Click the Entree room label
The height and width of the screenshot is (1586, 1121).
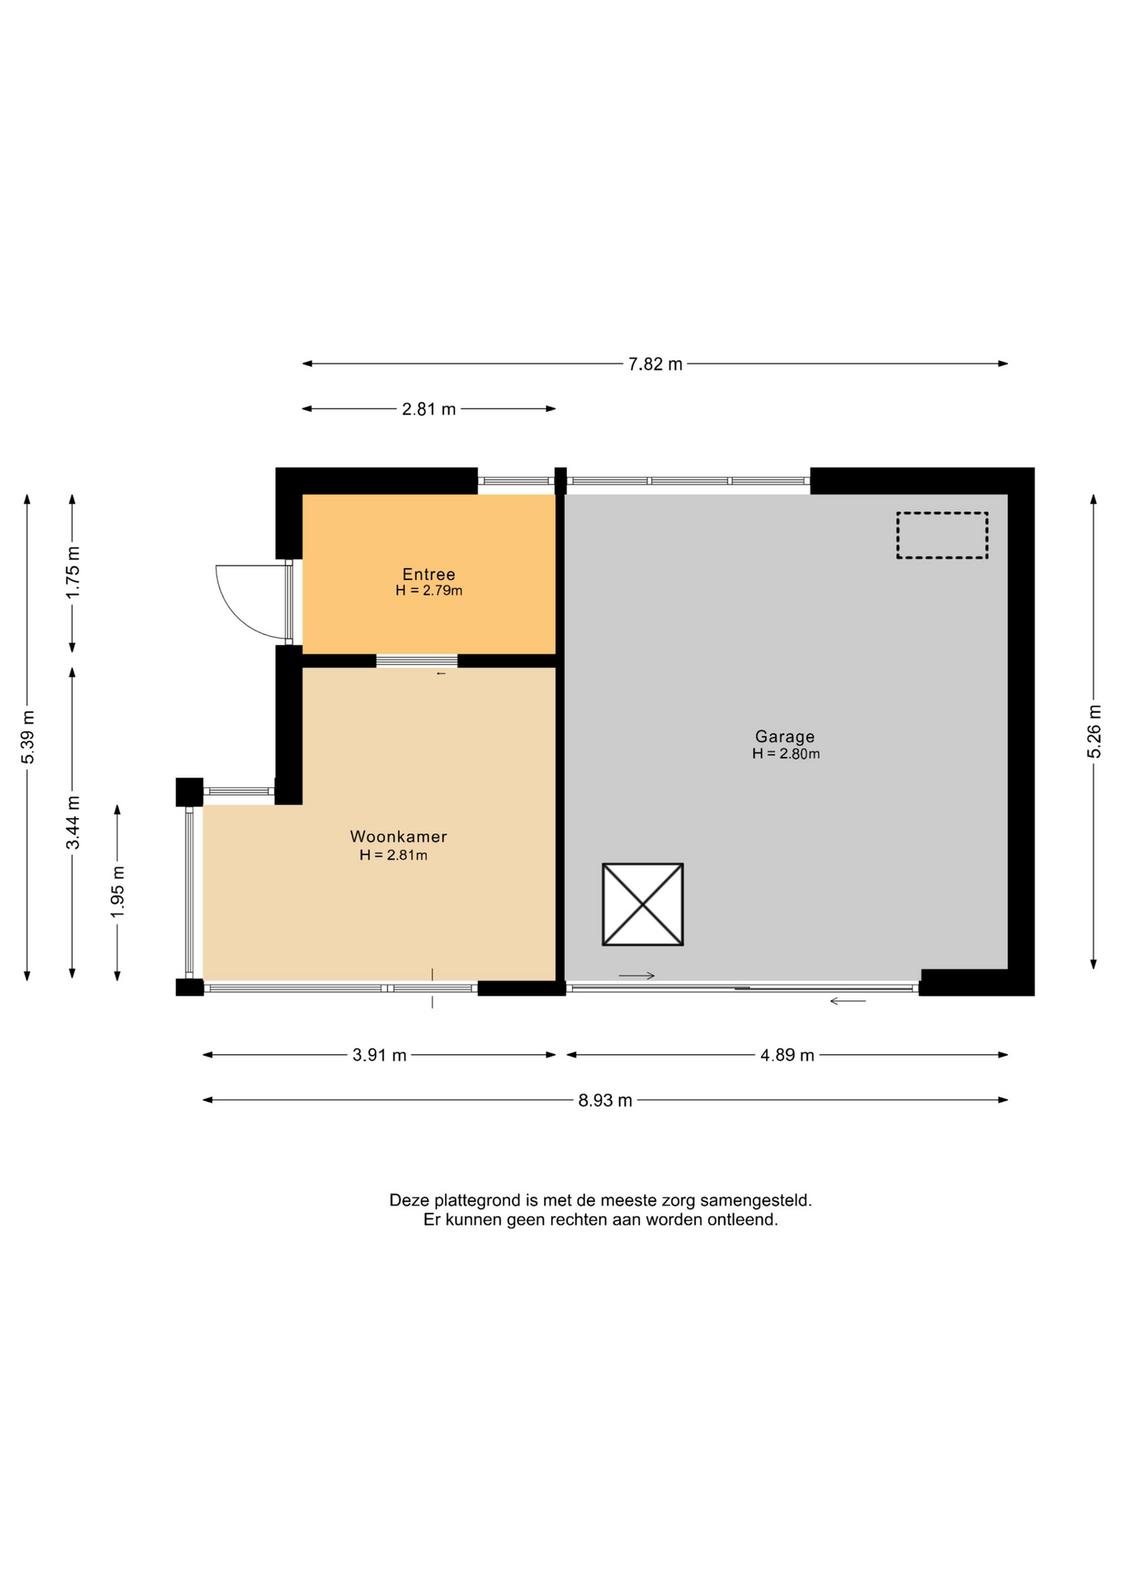[x=428, y=574]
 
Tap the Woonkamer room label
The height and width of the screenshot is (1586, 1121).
[x=399, y=837]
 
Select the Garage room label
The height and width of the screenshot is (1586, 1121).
[x=785, y=737]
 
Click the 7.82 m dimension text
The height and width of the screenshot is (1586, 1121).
[x=655, y=364]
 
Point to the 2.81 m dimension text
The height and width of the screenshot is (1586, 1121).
[x=428, y=409]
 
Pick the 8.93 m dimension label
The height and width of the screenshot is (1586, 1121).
[x=605, y=1100]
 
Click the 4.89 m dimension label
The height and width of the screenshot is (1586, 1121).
[x=788, y=1056]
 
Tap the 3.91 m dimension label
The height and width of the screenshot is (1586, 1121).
[x=380, y=1056]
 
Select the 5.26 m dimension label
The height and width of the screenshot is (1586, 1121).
[x=1094, y=731]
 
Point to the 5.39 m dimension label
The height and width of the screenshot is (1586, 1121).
[x=28, y=738]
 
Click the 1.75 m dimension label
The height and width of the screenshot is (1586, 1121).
[x=73, y=573]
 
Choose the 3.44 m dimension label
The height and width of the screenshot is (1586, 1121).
[x=73, y=823]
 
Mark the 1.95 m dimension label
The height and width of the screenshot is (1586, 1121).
[x=118, y=892]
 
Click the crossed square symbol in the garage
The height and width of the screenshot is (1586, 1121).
[x=643, y=905]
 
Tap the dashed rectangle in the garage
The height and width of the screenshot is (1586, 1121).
[x=942, y=535]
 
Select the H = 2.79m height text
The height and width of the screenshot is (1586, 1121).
[x=428, y=591]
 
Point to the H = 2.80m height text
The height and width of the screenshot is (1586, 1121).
[x=786, y=754]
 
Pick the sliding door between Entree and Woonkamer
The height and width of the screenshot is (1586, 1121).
[x=417, y=661]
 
